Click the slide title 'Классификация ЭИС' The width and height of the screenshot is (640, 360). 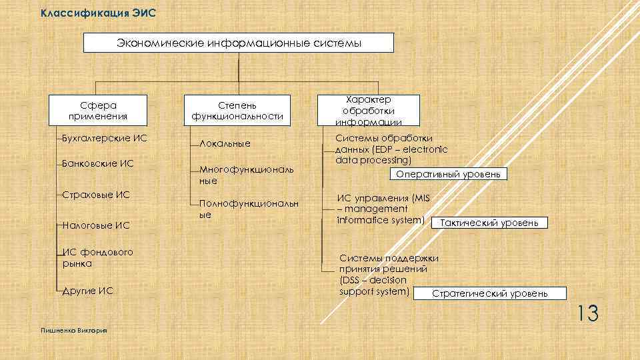click(x=98, y=13)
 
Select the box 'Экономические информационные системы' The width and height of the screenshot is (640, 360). click(x=239, y=43)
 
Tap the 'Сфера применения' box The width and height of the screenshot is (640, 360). click(x=98, y=111)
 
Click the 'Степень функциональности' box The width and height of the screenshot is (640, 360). click(x=237, y=111)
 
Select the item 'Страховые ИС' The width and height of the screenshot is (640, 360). click(x=96, y=195)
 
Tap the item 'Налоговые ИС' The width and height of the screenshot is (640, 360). click(x=96, y=225)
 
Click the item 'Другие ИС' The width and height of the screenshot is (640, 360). click(x=87, y=291)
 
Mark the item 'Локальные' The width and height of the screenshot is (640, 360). click(x=224, y=143)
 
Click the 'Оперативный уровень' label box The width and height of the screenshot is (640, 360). click(x=449, y=174)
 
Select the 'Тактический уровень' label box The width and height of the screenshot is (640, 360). click(x=490, y=223)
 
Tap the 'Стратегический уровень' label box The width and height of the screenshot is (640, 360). click(x=490, y=293)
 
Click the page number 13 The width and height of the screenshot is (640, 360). click(x=587, y=313)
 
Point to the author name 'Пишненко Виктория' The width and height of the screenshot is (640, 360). click(x=73, y=331)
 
